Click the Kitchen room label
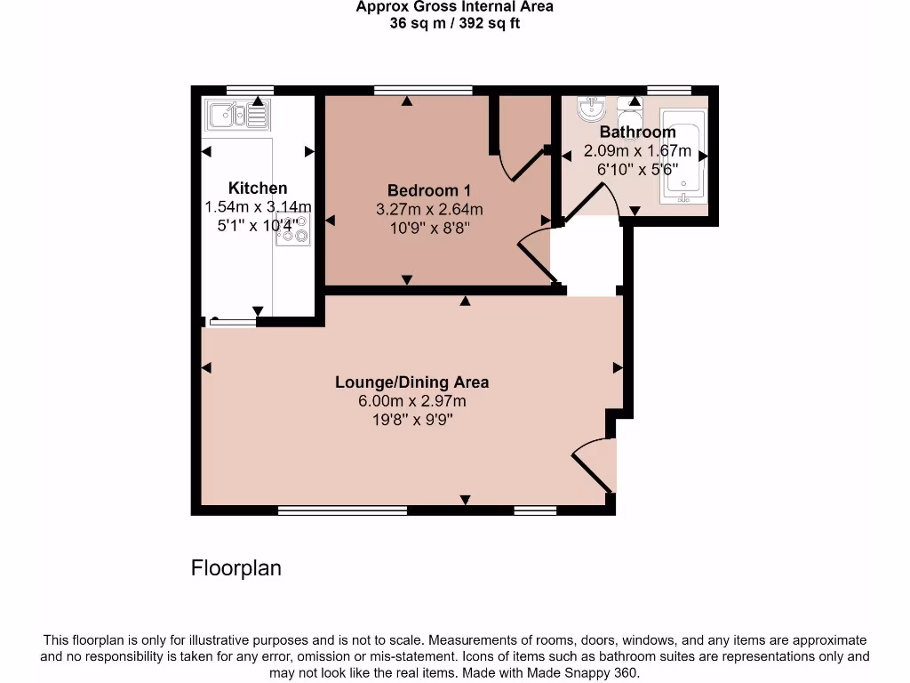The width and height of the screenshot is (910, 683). pos(258,188)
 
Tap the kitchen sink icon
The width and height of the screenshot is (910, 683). pos(236,114)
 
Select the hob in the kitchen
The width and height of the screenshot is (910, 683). pos(293,229)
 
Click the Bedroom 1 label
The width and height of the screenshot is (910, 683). pos(429,190)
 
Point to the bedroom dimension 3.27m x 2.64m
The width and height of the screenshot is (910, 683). pos(429,210)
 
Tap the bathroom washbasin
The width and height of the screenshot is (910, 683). pos(591,108)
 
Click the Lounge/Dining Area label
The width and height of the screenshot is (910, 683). pos(411,382)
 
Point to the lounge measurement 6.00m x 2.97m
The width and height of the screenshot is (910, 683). pos(411,401)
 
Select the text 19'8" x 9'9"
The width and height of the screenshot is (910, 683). pos(411,420)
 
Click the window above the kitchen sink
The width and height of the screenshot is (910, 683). pos(249,89)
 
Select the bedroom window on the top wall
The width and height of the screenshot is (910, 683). pos(423,89)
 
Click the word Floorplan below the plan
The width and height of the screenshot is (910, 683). pos(236,567)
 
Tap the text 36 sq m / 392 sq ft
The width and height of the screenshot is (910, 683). pos(454,23)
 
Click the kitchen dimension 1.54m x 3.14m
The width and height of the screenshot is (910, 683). pos(258,207)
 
